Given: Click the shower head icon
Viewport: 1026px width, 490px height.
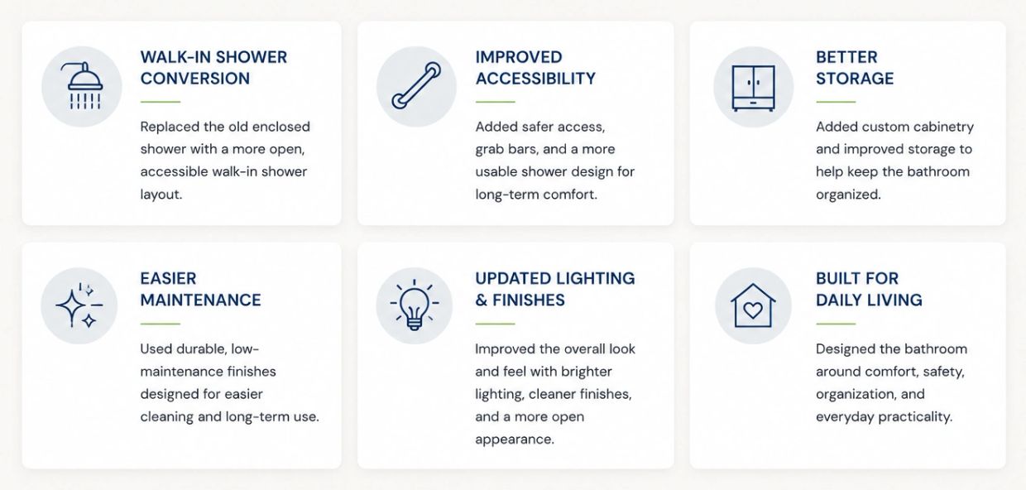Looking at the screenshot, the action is [x=82, y=86].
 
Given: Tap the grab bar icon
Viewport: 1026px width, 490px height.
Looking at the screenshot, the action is [x=416, y=86].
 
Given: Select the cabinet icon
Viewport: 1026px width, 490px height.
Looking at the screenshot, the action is [x=754, y=88].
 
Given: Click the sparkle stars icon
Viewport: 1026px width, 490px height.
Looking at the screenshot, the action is [x=79, y=305].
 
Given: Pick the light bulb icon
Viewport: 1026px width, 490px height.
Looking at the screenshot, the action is [x=414, y=305].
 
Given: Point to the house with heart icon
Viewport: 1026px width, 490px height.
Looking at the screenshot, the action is [x=753, y=305].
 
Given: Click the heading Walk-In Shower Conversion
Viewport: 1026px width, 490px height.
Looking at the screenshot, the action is [x=213, y=68].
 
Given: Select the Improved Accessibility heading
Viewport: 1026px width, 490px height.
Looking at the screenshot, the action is [x=535, y=68].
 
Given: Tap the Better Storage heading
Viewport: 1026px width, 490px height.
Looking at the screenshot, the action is [x=855, y=68].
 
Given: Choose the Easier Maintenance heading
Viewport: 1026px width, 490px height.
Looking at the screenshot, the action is [x=200, y=289].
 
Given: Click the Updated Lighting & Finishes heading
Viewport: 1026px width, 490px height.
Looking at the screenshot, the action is [x=555, y=289].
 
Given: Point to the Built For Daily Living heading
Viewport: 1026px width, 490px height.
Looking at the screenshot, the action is [x=869, y=289].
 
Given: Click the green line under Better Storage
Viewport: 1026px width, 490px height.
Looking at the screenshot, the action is [x=836, y=102].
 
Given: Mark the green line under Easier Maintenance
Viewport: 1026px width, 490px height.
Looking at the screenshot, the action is [x=161, y=324].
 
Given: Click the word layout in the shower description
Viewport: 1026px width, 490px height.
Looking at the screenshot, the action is [x=161, y=195].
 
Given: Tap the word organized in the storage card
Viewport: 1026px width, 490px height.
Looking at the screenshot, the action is [x=848, y=195].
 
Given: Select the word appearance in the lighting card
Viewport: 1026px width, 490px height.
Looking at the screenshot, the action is [x=515, y=440].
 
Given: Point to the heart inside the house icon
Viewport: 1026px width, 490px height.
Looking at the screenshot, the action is [x=753, y=310].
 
